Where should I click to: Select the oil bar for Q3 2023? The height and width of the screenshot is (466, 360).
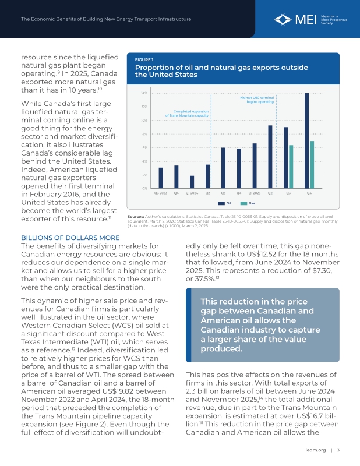tap(161, 178)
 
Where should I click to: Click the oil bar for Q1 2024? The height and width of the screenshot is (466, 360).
tap(192, 182)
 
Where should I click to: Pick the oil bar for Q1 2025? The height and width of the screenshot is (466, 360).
tap(255, 165)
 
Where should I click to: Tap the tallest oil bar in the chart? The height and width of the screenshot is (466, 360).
tap(307, 140)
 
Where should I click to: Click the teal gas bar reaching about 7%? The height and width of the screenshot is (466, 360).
tap(312, 164)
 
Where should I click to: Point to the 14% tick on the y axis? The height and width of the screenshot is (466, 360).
tap(143, 93)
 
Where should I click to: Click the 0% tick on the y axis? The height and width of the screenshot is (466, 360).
tap(144, 188)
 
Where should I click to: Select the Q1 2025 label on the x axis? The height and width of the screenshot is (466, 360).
tap(255, 192)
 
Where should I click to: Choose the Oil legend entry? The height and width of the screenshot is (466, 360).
tap(226, 203)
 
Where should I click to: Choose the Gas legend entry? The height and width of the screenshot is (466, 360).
tap(249, 203)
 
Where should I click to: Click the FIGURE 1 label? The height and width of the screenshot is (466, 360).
tap(144, 59)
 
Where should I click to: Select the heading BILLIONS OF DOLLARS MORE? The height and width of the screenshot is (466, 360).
tap(70, 238)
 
